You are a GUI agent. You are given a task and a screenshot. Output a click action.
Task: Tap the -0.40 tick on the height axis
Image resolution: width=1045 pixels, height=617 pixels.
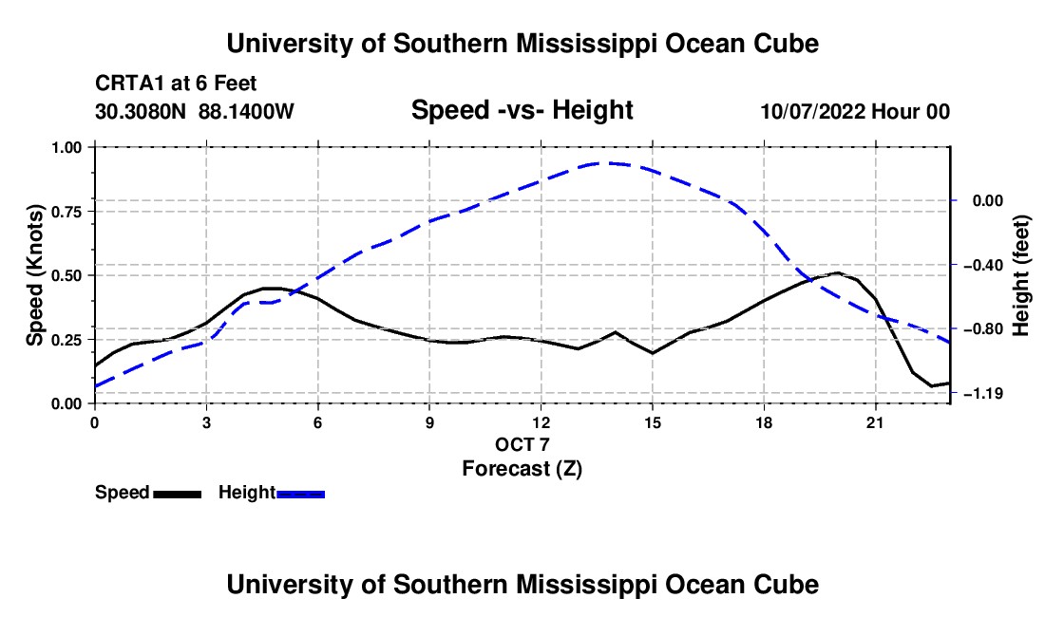[983, 266]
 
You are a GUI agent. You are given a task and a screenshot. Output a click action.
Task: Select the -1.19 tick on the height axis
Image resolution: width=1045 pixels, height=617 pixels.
[983, 394]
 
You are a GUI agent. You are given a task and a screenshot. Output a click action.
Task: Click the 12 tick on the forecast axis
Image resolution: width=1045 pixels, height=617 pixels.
[541, 422]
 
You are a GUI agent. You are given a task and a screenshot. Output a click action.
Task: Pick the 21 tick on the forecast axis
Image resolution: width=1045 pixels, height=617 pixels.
[875, 422]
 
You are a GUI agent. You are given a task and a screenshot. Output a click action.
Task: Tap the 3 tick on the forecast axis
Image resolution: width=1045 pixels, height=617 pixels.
[206, 422]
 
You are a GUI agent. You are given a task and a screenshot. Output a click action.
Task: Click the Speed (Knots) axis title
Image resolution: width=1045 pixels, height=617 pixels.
[34, 275]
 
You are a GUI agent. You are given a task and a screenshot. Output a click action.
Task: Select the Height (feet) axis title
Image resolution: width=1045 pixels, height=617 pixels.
[1020, 275]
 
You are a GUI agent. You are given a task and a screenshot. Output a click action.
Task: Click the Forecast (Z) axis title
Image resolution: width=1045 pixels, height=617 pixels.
[522, 469]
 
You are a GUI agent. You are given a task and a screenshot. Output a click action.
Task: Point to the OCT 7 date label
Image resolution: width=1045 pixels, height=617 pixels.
[522, 444]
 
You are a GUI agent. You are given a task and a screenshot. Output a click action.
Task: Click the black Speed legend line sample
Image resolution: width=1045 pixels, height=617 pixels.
[178, 494]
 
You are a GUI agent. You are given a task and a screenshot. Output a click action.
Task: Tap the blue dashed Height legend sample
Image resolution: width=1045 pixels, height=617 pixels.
[300, 494]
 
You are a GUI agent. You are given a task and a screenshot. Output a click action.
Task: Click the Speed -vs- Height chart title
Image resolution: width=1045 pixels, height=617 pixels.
[522, 110]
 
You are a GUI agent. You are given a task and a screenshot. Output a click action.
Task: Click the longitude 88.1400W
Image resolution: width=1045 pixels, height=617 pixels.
[246, 111]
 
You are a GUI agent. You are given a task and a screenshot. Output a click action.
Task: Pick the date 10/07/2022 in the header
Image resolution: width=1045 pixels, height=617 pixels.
[813, 111]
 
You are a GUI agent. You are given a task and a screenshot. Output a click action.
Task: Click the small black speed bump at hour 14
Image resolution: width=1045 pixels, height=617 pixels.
[616, 332]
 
